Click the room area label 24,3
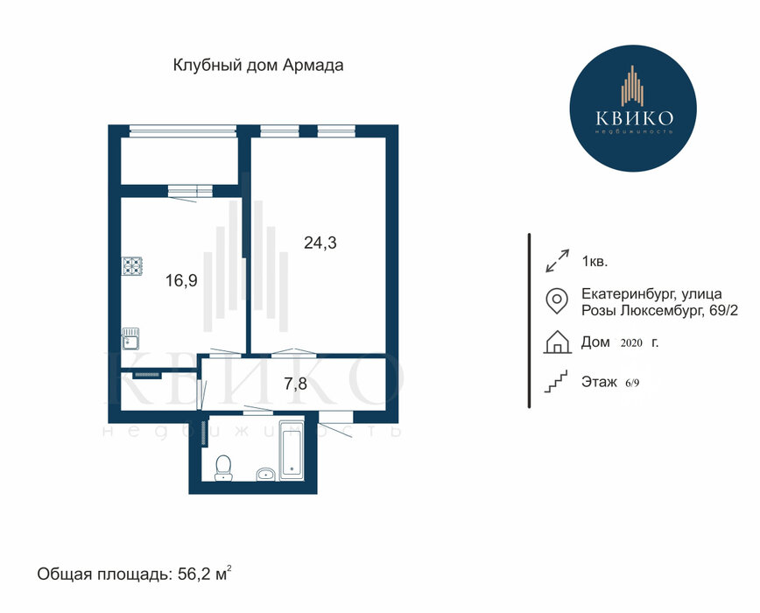[320, 243]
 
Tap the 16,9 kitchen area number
[182, 280]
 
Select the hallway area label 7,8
[295, 384]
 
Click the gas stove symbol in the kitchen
[132, 265]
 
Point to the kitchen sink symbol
[130, 338]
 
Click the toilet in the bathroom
[223, 468]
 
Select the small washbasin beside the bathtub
[265, 474]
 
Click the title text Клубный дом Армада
[258, 65]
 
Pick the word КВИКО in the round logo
[634, 117]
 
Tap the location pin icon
[557, 301]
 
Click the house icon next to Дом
[557, 342]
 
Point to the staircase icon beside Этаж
[556, 381]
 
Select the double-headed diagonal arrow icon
[557, 261]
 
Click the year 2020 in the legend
[631, 343]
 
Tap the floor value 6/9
[632, 383]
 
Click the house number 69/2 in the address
[723, 311]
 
